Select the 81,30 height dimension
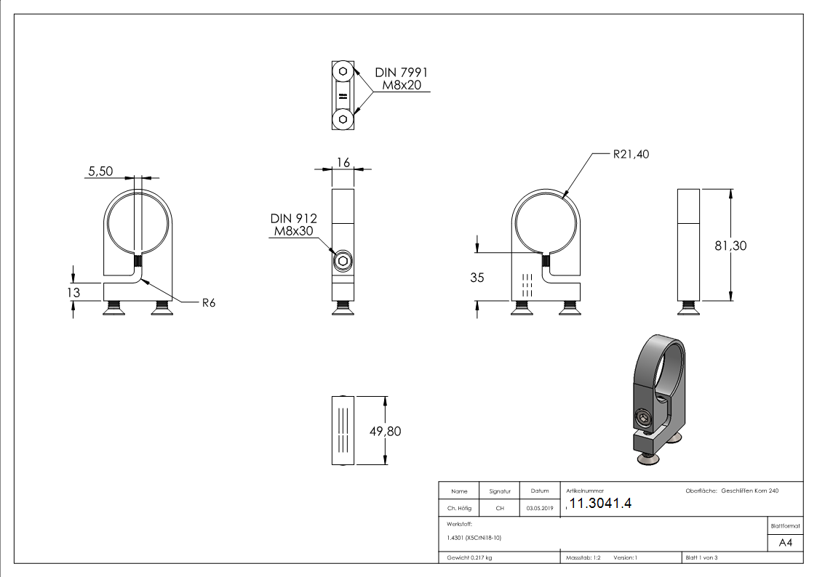tap(730, 246)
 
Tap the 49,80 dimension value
tap(385, 431)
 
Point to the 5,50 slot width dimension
tap(100, 171)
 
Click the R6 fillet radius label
tap(209, 303)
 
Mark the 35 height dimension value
tap(477, 277)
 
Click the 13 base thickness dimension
tap(72, 292)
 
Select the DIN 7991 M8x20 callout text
tap(401, 79)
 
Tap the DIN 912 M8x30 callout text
tap(294, 225)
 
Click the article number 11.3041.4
tap(601, 504)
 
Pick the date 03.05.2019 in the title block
tap(539, 509)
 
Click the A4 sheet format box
tap(785, 543)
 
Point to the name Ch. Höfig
tap(459, 509)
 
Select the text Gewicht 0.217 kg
tap(470, 558)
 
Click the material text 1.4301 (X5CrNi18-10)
tap(474, 538)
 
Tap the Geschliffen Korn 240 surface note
tap(749, 491)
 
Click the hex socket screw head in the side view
tap(342, 262)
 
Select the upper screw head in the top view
tap(342, 73)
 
